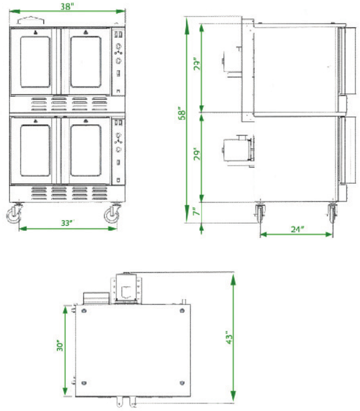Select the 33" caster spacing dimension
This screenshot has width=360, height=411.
click(x=65, y=222)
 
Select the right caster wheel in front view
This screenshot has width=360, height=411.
click(x=112, y=214)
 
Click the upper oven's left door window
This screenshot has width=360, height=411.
click(x=36, y=62)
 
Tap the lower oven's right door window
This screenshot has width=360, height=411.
click(x=85, y=150)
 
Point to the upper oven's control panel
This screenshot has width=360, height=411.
click(x=119, y=60)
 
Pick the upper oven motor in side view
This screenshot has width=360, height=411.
click(x=230, y=61)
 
